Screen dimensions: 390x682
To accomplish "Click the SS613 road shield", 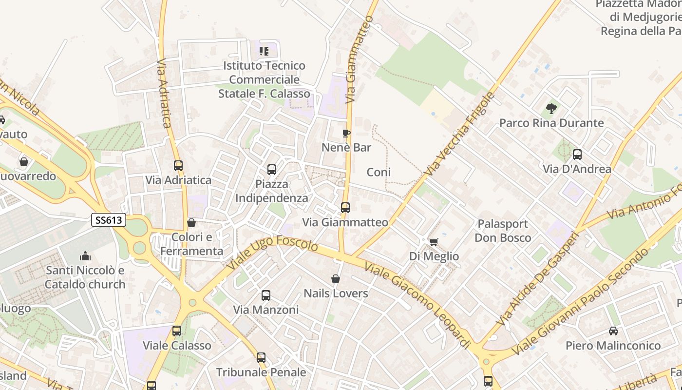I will point(109,220).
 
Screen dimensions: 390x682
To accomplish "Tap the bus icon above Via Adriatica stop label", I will point(178,166).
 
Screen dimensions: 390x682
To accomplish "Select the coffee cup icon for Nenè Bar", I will point(346,133).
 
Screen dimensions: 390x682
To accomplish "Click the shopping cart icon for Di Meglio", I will point(434,242).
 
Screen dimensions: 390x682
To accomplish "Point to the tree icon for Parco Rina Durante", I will point(551,109).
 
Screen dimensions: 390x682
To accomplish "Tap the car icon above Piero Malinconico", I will point(613,331).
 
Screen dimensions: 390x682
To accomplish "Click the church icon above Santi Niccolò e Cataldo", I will point(85,256).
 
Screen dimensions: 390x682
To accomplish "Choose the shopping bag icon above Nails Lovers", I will point(336,279).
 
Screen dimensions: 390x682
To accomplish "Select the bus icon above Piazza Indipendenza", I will point(272,170).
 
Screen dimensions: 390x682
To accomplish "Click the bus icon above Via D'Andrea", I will point(577,155).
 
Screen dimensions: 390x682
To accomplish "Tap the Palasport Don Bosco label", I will point(503,231).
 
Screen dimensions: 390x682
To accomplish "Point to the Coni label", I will point(379,172).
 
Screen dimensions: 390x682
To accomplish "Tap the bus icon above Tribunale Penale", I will point(261,358).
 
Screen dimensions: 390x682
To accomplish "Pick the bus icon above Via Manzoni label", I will point(266,295).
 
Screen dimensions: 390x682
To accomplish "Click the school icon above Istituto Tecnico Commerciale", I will point(264,51).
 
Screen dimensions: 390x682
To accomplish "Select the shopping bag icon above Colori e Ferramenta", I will point(191,223).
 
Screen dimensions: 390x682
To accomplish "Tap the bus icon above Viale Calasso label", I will point(177,331).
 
